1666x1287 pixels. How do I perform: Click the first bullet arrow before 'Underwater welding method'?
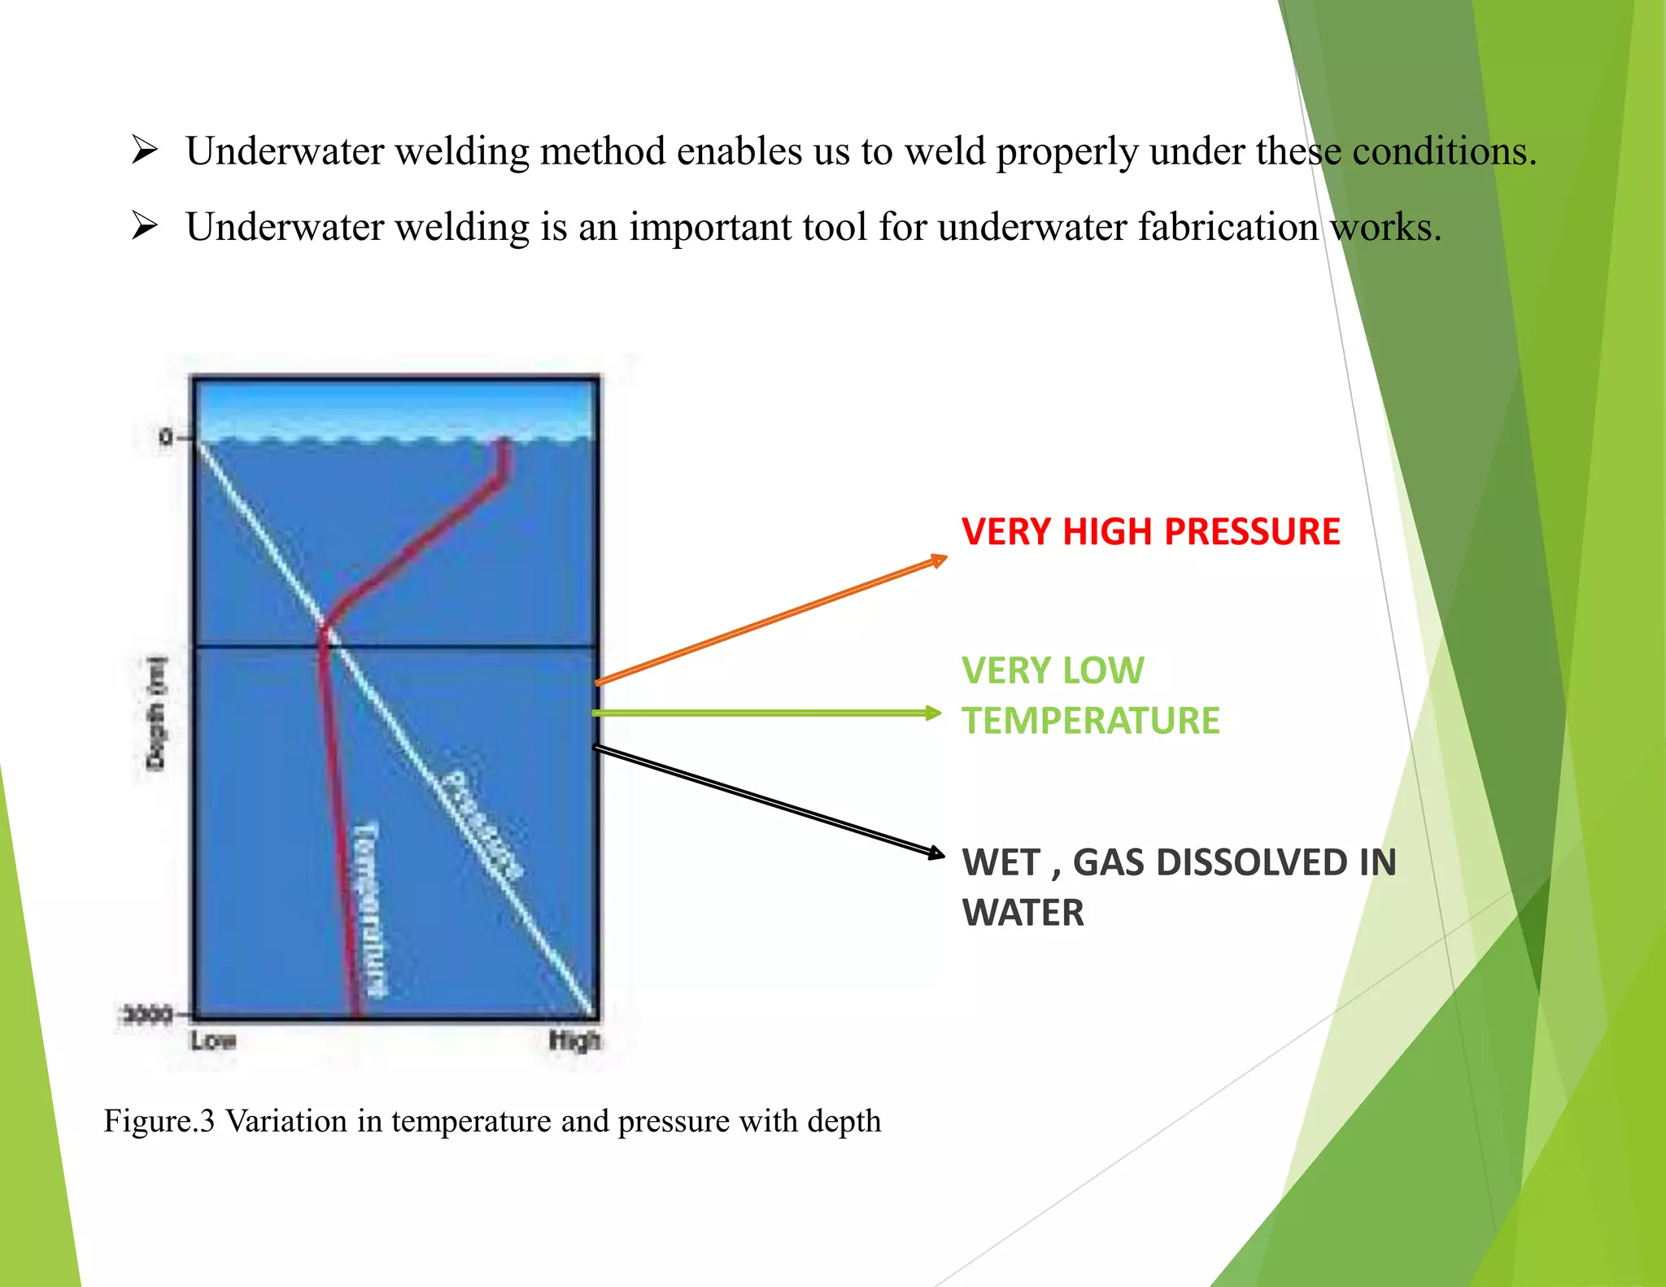pyautogui.click(x=144, y=150)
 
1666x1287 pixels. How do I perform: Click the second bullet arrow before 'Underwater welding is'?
pyautogui.click(x=144, y=225)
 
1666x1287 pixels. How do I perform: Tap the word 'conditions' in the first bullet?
pyautogui.click(x=1444, y=151)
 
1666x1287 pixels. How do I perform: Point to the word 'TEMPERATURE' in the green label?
pyautogui.click(x=1090, y=721)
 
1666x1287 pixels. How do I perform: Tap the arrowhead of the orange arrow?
pyautogui.click(x=939, y=560)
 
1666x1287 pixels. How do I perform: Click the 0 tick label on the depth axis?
pyautogui.click(x=166, y=438)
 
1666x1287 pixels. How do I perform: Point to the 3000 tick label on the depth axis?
pyautogui.click(x=147, y=1014)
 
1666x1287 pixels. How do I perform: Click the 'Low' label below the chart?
pyautogui.click(x=213, y=1041)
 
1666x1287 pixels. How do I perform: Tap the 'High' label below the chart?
pyautogui.click(x=574, y=1041)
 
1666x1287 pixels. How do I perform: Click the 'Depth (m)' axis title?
pyautogui.click(x=155, y=713)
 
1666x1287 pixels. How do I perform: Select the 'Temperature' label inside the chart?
pyautogui.click(x=368, y=909)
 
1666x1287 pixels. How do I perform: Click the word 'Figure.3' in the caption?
pyautogui.click(x=159, y=1121)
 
